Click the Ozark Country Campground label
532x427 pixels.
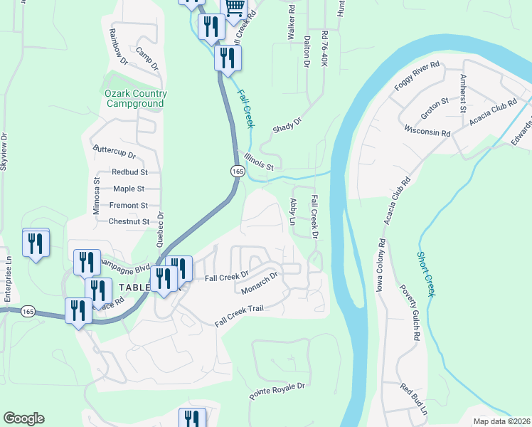click(x=136, y=98)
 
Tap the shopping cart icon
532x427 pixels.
click(x=235, y=8)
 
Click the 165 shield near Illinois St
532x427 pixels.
click(x=238, y=172)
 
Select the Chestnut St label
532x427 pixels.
click(x=129, y=221)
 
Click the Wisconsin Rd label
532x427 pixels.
click(x=427, y=132)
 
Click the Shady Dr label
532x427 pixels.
click(x=287, y=125)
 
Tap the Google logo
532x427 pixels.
click(x=23, y=418)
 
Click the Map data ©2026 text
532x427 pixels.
click(x=501, y=421)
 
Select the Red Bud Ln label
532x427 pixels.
click(x=414, y=401)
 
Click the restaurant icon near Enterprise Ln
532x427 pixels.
click(x=35, y=245)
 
